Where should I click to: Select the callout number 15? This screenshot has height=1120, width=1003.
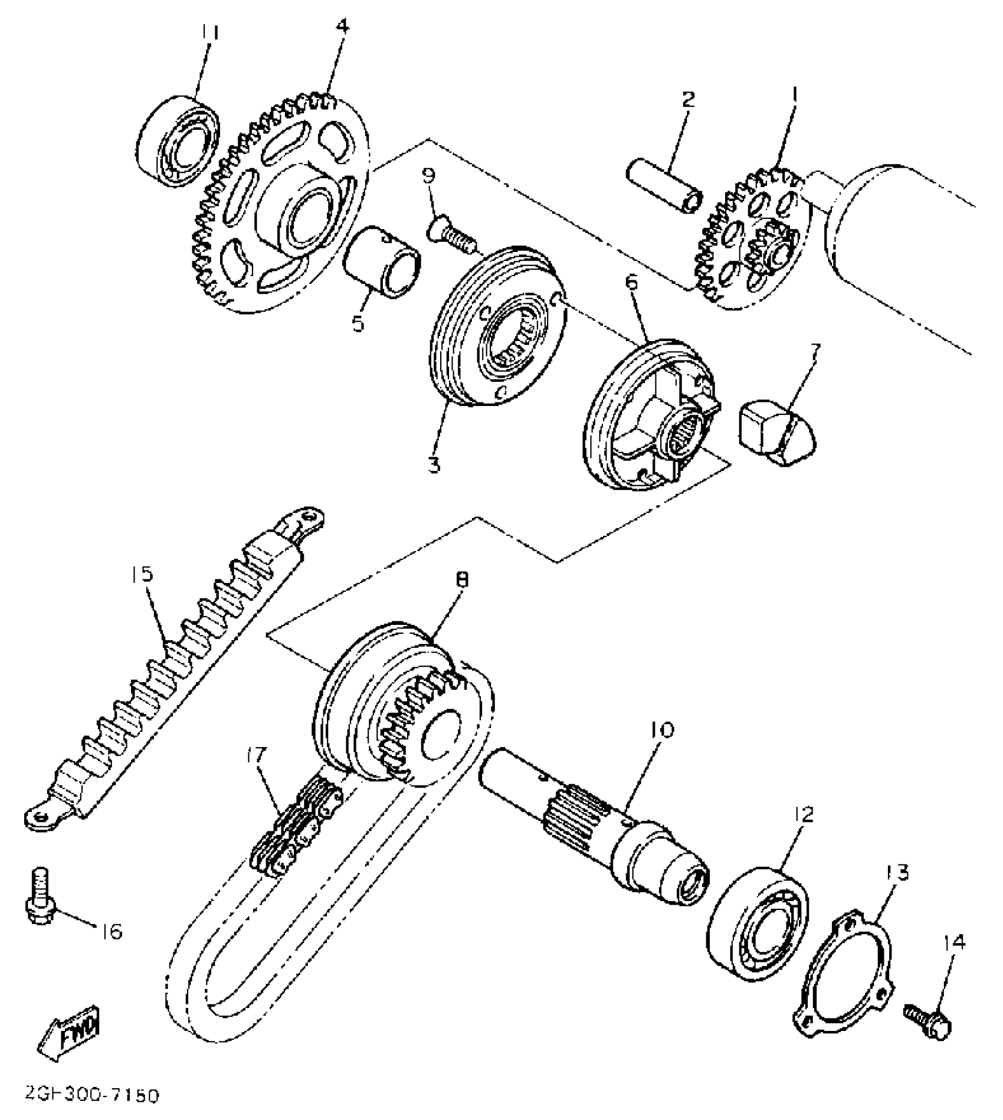[x=142, y=574]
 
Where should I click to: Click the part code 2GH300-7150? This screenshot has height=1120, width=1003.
[x=92, y=1096]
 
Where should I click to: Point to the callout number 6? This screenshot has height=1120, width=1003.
[x=632, y=283]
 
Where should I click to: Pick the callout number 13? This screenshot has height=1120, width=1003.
[x=897, y=872]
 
